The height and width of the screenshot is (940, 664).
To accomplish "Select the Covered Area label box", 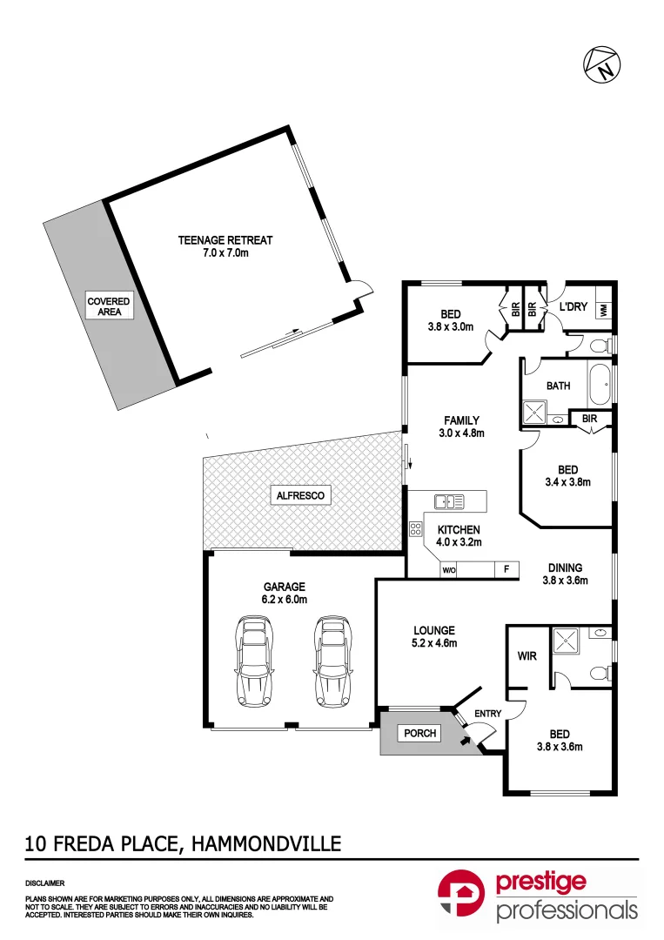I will [109, 306].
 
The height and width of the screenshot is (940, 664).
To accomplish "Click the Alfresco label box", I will [300, 495].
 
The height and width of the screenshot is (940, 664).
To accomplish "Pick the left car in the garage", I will [253, 661].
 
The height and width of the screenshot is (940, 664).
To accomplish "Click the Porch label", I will [419, 733].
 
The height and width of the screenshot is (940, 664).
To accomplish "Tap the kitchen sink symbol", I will [449, 500].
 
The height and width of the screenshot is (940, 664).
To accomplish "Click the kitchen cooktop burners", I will [415, 528].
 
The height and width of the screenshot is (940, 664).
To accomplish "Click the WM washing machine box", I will [604, 309].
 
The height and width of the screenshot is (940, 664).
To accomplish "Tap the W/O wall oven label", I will [449, 571].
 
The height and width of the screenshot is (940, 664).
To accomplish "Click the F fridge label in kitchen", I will [505, 571].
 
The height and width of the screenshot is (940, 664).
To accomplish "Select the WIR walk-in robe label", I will [527, 655].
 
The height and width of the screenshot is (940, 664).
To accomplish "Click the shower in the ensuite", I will [566, 641].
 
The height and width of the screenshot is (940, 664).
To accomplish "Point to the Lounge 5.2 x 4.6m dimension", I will [434, 644].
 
